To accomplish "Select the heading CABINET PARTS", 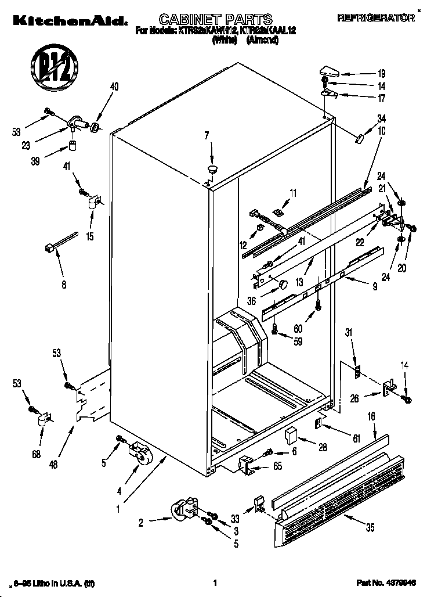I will [208, 19].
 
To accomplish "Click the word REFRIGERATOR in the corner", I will [376, 19].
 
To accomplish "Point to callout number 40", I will [114, 87].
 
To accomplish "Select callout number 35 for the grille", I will [369, 527].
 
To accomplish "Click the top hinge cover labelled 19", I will [328, 72].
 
